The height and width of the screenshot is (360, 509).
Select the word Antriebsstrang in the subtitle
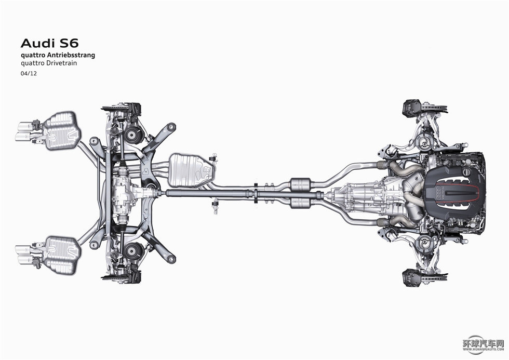pyautogui.click(x=74, y=55)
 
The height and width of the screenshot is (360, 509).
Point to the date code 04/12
pyautogui.click(x=28, y=74)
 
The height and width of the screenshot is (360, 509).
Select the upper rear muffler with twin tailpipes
pyautogui.click(x=60, y=130)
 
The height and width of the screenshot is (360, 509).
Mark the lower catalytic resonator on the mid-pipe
pyautogui.click(x=301, y=202)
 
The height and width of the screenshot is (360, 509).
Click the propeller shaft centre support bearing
pyautogui.click(x=257, y=193)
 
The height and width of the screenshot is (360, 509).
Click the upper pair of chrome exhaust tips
pyautogui.click(x=24, y=131)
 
